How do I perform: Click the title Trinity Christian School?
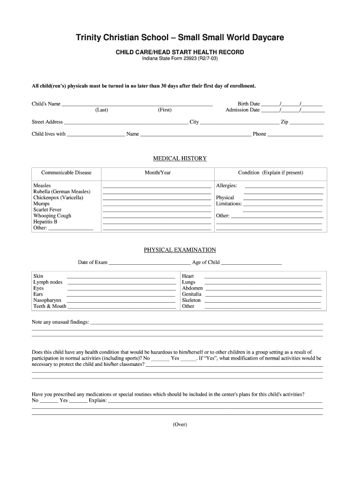click(x=180, y=37)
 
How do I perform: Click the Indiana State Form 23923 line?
click(x=180, y=59)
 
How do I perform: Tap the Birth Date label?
click(x=248, y=104)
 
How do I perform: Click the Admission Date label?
click(x=242, y=110)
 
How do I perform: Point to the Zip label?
click(x=284, y=122)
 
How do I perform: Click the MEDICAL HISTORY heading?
click(x=180, y=159)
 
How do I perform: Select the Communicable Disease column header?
click(x=66, y=173)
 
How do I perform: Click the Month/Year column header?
click(x=158, y=173)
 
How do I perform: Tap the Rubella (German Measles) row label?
click(x=62, y=192)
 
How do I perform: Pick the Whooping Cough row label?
click(x=52, y=216)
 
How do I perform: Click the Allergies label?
click(x=226, y=186)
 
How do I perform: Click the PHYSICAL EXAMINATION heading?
click(x=180, y=250)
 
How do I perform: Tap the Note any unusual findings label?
click(x=60, y=322)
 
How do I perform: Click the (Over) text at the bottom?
click(x=180, y=424)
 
